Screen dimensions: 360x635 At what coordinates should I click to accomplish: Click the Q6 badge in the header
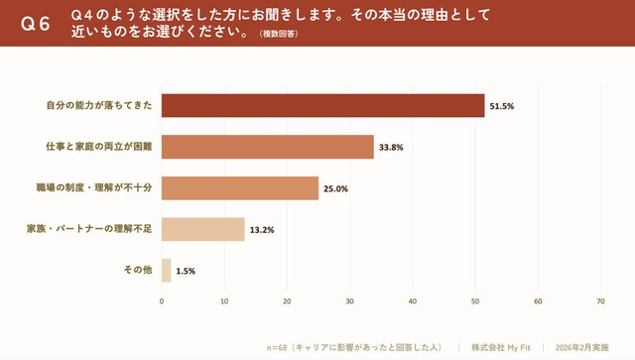(x=36, y=25)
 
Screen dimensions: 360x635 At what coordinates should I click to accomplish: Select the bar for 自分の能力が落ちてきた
(x=322, y=105)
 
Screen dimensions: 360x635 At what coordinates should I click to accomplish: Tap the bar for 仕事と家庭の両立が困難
(x=267, y=147)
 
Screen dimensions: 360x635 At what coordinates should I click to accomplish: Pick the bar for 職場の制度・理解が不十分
(x=240, y=188)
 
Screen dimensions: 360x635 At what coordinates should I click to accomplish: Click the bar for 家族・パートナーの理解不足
(x=202, y=229)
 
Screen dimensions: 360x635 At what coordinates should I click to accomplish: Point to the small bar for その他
(x=166, y=271)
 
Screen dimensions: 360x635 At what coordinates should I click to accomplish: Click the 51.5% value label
(x=501, y=105)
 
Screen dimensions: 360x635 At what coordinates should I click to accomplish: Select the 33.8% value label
(x=390, y=147)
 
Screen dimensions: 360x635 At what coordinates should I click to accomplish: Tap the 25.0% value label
(x=335, y=188)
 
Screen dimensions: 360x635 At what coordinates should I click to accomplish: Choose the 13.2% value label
(x=261, y=230)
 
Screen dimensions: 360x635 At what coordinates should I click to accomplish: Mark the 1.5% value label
(x=186, y=271)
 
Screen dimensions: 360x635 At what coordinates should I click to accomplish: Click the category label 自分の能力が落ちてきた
(x=99, y=105)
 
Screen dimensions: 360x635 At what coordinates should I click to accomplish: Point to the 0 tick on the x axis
(x=162, y=300)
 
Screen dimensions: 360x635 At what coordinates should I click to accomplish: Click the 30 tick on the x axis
(x=349, y=300)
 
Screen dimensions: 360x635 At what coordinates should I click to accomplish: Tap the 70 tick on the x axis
(x=600, y=300)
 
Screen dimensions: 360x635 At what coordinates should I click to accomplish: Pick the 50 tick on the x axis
(x=475, y=300)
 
